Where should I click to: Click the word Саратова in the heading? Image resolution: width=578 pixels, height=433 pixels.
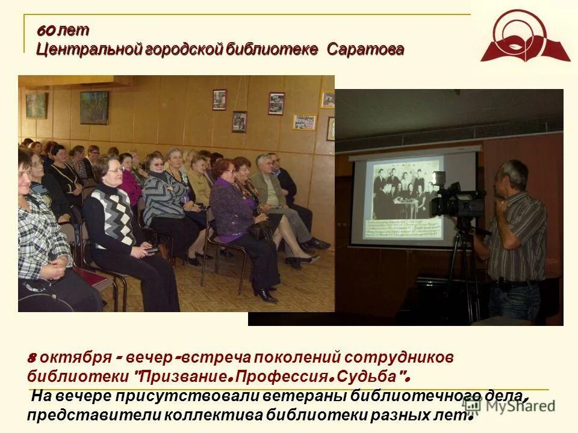point(365,49)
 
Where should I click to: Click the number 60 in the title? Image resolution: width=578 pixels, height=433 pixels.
point(46,30)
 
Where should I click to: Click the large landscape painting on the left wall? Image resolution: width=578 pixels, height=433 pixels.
point(95,107)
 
